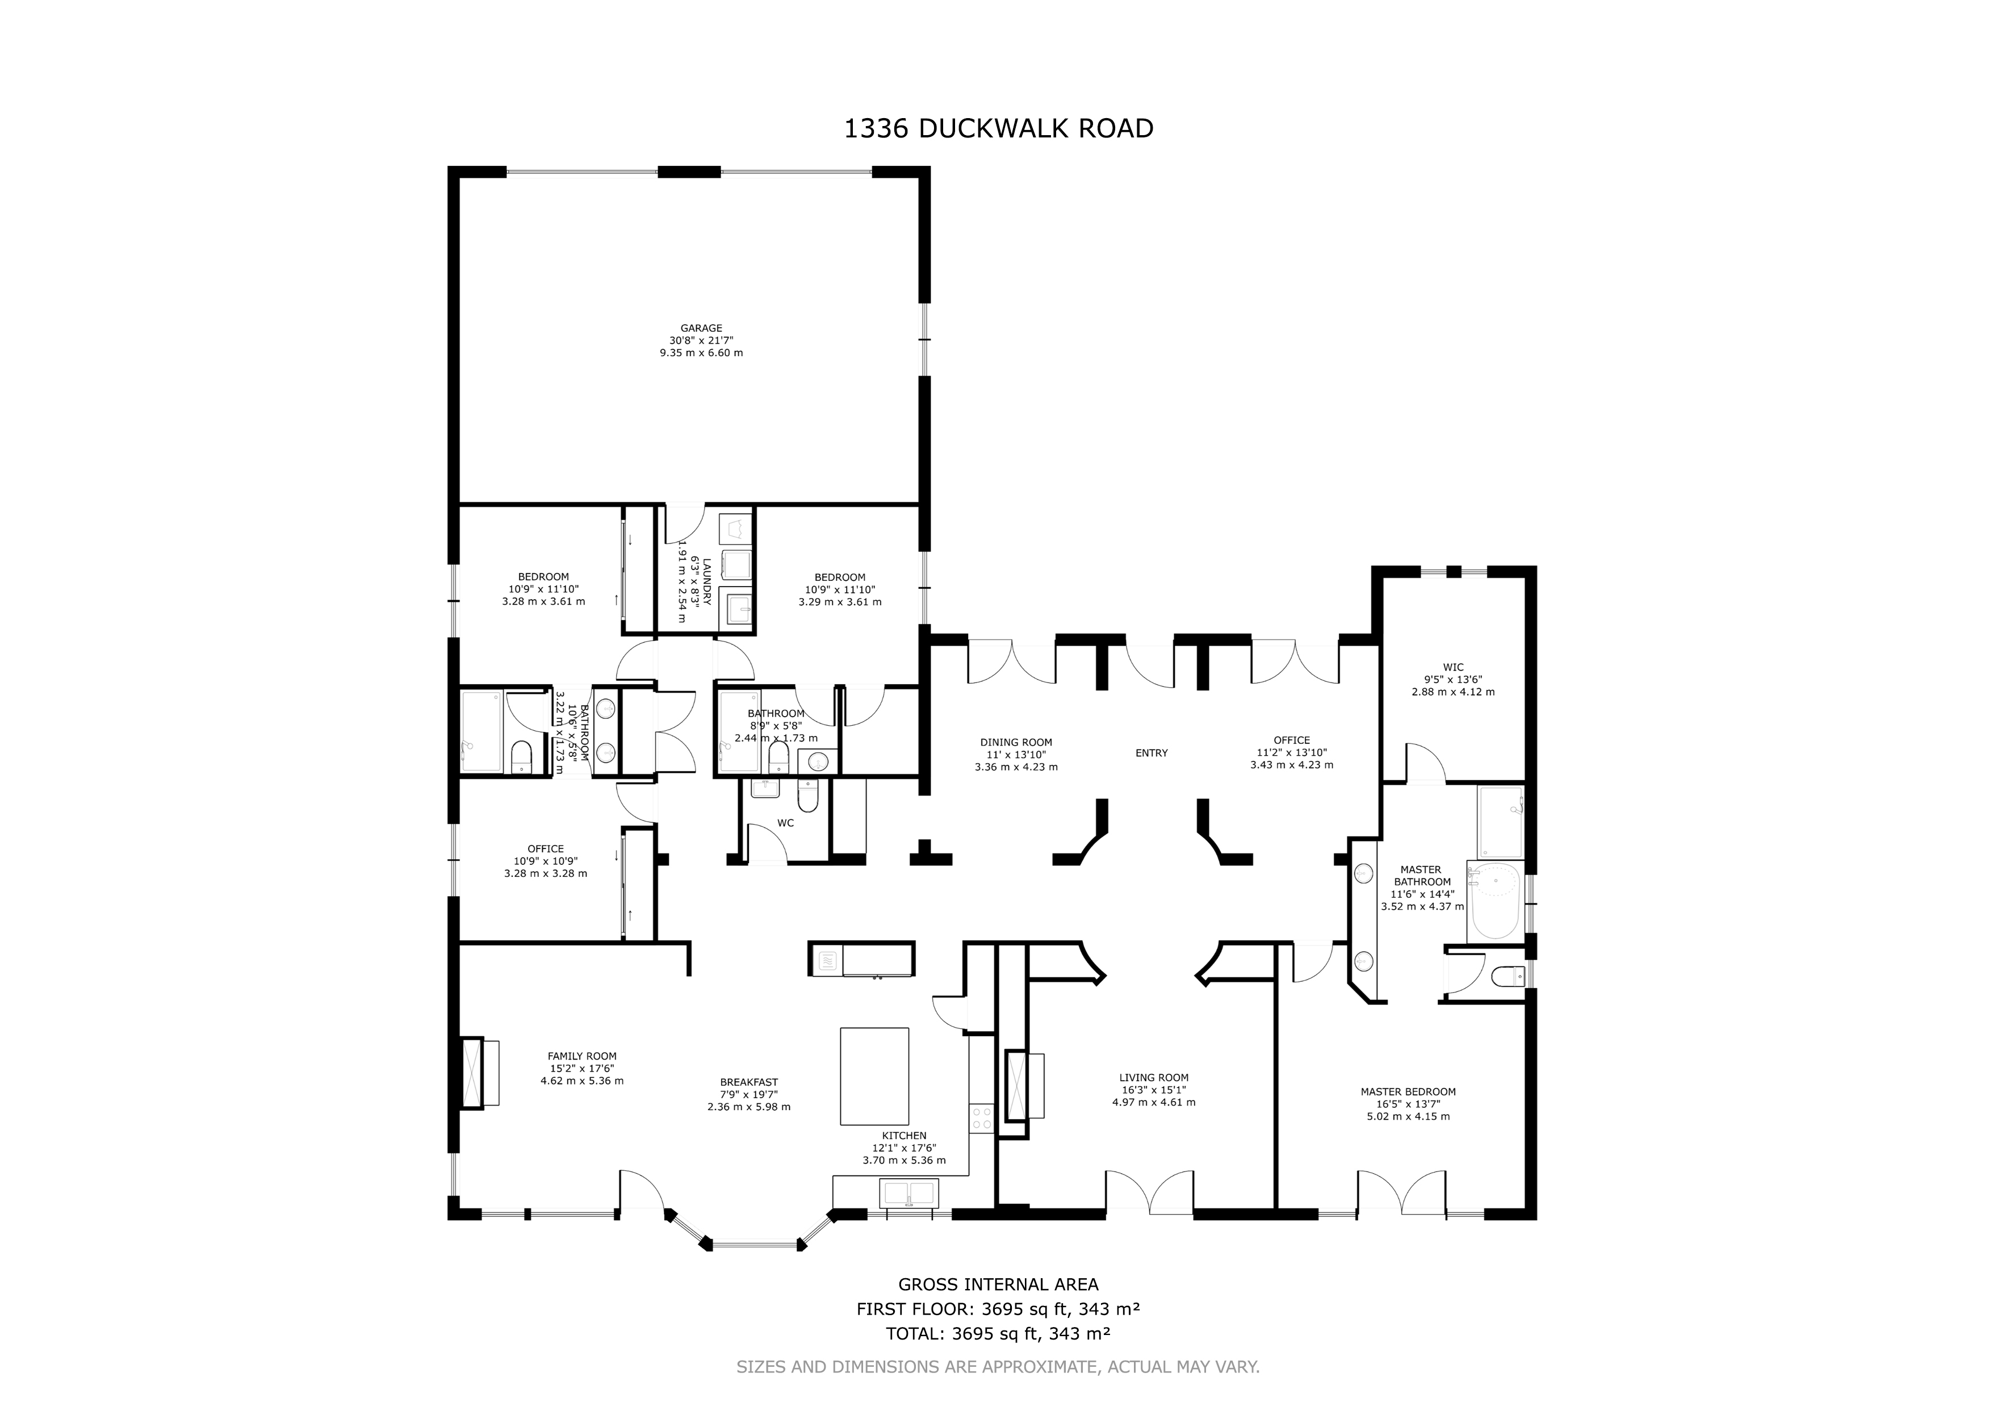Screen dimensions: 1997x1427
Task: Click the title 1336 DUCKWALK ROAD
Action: (998, 129)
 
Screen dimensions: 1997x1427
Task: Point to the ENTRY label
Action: (1151, 753)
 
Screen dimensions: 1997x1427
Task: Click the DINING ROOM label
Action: (1016, 743)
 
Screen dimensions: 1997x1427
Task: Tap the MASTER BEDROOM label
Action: (1408, 1092)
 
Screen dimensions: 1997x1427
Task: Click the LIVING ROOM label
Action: (1154, 1077)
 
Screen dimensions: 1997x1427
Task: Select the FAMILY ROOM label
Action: (581, 1056)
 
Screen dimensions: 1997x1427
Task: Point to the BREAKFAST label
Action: (748, 1082)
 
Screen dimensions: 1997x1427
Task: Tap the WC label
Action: (785, 823)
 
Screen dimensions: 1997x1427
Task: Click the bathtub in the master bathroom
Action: (1494, 901)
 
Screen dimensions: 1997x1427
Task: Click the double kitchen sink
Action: (909, 1193)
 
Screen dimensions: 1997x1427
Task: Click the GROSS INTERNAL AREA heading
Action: (998, 1284)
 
